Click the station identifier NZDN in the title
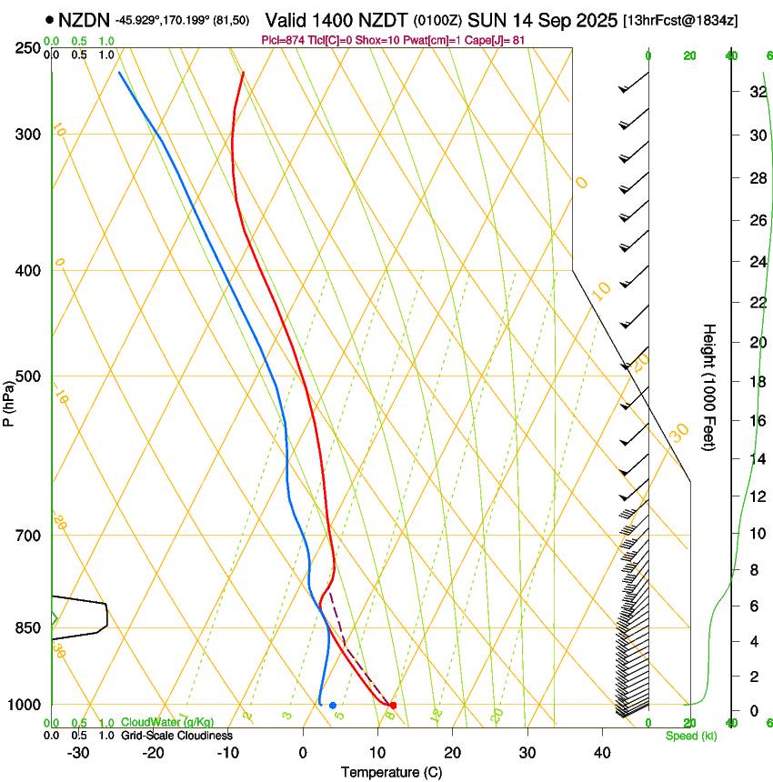tap(84, 19)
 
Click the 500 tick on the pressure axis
tap(30, 376)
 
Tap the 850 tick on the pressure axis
tap(30, 627)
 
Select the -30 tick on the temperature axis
tap(78, 752)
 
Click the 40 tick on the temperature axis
tap(602, 752)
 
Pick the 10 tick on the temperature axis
tap(377, 752)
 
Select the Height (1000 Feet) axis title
tap(709, 386)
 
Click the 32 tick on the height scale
tap(755, 92)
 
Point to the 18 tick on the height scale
tap(755, 382)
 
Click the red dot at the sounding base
tap(393, 705)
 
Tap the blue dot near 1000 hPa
tap(333, 705)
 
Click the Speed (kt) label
tap(691, 735)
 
